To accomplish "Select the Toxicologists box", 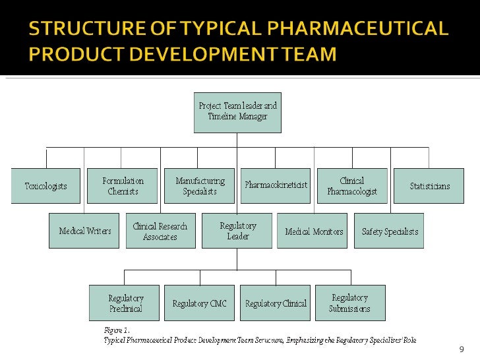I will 45,186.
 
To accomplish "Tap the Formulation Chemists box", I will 123,186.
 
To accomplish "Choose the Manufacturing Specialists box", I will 200,186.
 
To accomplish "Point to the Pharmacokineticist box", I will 276,186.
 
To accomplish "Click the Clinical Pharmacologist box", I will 351,186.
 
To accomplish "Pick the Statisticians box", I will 429,186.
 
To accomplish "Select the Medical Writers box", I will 84,231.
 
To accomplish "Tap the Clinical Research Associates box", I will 160,231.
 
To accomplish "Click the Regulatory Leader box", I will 237,231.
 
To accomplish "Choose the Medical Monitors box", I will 313,231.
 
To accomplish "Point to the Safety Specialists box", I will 390,231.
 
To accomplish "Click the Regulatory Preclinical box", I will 125,303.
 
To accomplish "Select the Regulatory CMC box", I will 199,303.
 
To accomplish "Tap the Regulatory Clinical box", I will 275,303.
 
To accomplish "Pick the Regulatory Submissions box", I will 350,303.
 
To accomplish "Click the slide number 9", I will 461,349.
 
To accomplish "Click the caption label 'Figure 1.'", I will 117,329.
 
